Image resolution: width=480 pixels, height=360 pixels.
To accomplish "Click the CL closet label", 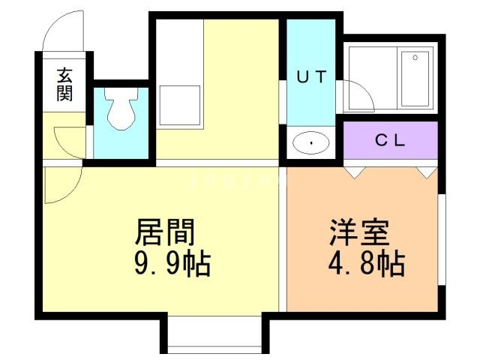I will (x=390, y=140).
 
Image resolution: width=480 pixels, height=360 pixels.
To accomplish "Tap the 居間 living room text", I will (x=165, y=232).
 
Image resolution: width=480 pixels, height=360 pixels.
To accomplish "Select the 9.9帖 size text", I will (x=172, y=263).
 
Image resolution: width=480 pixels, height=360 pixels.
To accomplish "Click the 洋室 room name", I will (x=360, y=232).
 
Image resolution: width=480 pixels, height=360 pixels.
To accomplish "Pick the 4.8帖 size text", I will (x=367, y=263).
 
